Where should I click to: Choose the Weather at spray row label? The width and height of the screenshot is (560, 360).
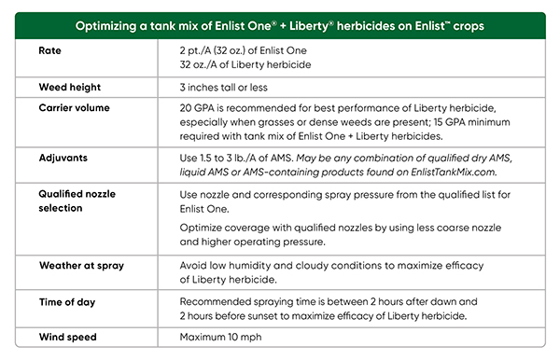tap(82, 266)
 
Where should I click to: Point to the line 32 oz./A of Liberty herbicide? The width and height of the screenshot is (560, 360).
tap(245, 63)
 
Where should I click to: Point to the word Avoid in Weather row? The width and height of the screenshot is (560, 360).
tap(194, 266)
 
